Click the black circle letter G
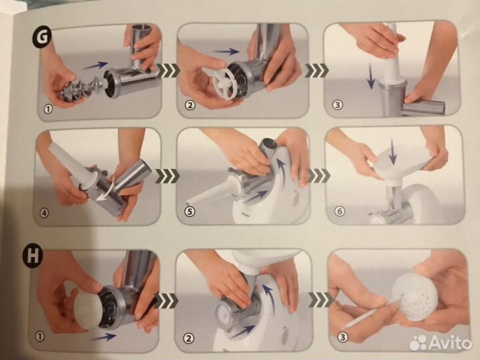(42, 37)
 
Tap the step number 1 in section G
(48, 109)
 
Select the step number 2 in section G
(190, 105)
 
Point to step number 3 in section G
(337, 105)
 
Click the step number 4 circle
(45, 213)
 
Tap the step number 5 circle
(189, 211)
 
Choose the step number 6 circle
(339, 211)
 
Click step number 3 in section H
(343, 337)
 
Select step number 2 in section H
(189, 338)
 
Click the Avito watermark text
(451, 342)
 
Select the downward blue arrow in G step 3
(371, 76)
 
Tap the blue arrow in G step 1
(95, 65)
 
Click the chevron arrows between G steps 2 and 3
(317, 71)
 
